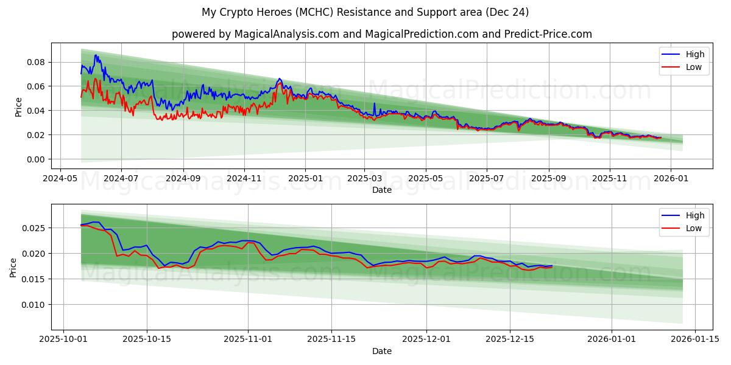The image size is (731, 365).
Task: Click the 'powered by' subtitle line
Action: (381, 34)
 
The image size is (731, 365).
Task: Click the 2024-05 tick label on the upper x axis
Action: (59, 179)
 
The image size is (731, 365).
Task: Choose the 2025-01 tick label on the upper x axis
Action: (305, 179)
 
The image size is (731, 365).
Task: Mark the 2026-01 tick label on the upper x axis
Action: (671, 179)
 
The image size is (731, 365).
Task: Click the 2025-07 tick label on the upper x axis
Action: (486, 179)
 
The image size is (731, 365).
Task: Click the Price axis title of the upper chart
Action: (18, 107)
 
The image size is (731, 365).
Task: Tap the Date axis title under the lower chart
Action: (381, 351)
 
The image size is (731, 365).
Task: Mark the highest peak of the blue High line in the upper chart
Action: (96, 55)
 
